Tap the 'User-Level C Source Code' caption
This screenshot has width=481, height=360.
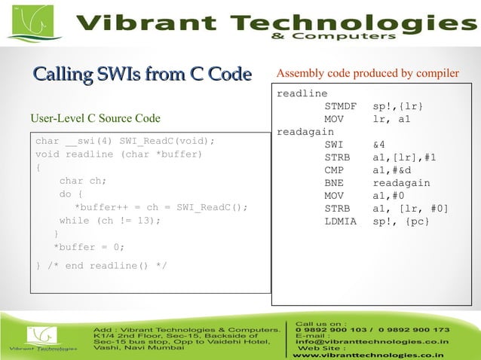click(x=95, y=118)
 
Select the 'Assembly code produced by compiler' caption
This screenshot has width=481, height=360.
click(x=368, y=74)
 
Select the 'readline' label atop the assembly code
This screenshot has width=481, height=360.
click(x=302, y=94)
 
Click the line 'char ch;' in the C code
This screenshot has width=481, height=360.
click(x=83, y=181)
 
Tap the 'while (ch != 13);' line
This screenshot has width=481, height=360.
click(x=110, y=221)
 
